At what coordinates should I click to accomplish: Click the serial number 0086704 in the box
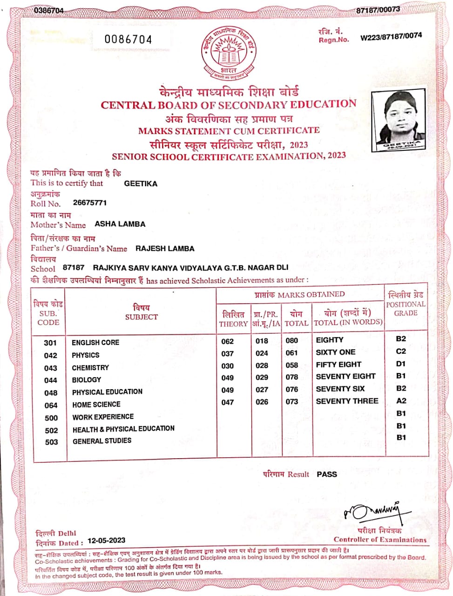(128, 40)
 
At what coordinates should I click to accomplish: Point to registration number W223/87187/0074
(391, 36)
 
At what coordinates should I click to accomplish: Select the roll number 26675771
(90, 203)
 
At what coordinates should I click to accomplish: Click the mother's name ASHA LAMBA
(120, 224)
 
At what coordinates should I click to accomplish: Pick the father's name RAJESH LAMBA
(165, 248)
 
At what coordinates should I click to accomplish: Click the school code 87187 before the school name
(74, 267)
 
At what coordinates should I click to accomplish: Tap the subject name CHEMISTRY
(90, 367)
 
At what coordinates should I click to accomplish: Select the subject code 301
(50, 343)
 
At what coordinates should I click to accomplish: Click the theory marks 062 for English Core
(228, 341)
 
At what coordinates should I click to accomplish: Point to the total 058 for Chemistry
(292, 366)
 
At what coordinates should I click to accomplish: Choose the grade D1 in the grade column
(401, 364)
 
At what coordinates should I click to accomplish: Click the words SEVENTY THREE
(347, 401)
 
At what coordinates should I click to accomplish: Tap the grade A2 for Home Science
(401, 400)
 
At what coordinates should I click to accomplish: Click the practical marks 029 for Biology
(262, 378)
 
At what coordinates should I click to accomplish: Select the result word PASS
(327, 474)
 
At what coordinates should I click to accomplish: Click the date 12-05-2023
(106, 540)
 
